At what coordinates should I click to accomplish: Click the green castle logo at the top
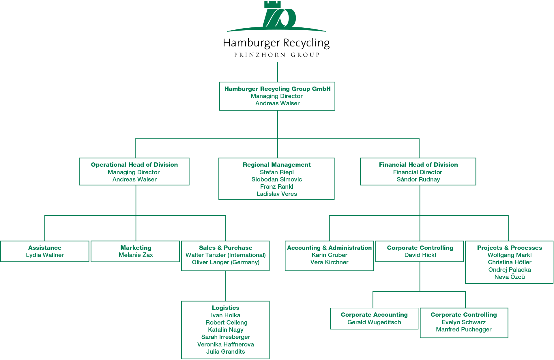(276, 16)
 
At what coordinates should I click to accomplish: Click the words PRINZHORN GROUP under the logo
(277, 55)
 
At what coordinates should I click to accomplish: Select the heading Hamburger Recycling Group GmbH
(277, 89)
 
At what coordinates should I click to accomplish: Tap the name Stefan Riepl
(277, 172)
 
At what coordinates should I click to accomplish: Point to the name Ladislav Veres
(277, 194)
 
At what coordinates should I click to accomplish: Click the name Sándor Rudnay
(418, 179)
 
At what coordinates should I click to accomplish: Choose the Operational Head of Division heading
(134, 165)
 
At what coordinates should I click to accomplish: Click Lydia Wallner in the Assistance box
(45, 255)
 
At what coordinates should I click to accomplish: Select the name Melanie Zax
(136, 255)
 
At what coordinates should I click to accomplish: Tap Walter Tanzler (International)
(225, 255)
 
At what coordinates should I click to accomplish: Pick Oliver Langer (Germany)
(225, 262)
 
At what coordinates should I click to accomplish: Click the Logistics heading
(225, 308)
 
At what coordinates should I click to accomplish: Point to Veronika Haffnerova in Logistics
(225, 344)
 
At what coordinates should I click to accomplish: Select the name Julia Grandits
(225, 352)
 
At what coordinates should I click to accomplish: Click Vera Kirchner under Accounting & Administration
(329, 262)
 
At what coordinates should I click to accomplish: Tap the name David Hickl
(420, 255)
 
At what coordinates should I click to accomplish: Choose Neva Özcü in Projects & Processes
(509, 277)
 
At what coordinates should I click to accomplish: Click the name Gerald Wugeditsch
(374, 322)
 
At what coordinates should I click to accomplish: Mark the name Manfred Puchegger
(463, 329)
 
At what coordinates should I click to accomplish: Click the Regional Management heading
(276, 165)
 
